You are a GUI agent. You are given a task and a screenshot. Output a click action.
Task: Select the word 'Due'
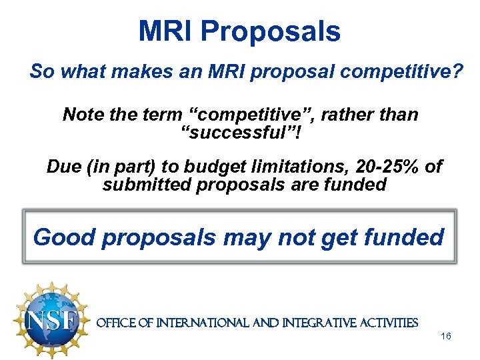point(63,166)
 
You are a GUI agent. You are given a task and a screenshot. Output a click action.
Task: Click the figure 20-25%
point(385,166)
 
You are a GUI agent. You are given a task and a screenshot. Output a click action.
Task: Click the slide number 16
point(446,337)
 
